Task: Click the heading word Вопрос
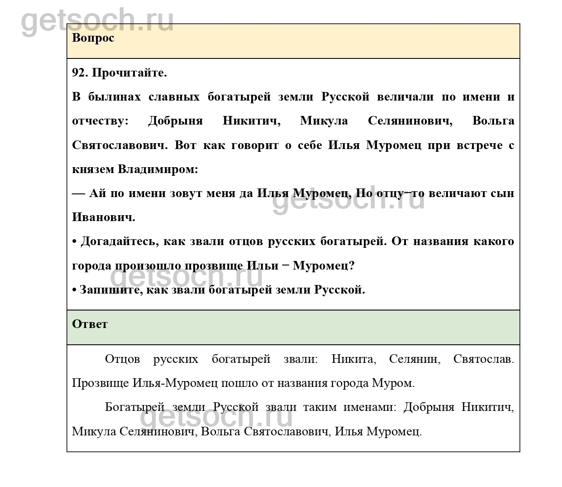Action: point(93,38)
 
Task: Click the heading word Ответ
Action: point(90,324)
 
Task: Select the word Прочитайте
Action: point(129,73)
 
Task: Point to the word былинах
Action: point(114,97)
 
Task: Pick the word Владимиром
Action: point(158,169)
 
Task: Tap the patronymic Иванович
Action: point(104,217)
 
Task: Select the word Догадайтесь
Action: point(119,241)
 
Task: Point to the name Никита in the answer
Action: point(353,359)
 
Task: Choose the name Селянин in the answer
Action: point(414,359)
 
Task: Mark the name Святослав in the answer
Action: point(483,359)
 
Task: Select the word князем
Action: point(93,169)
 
